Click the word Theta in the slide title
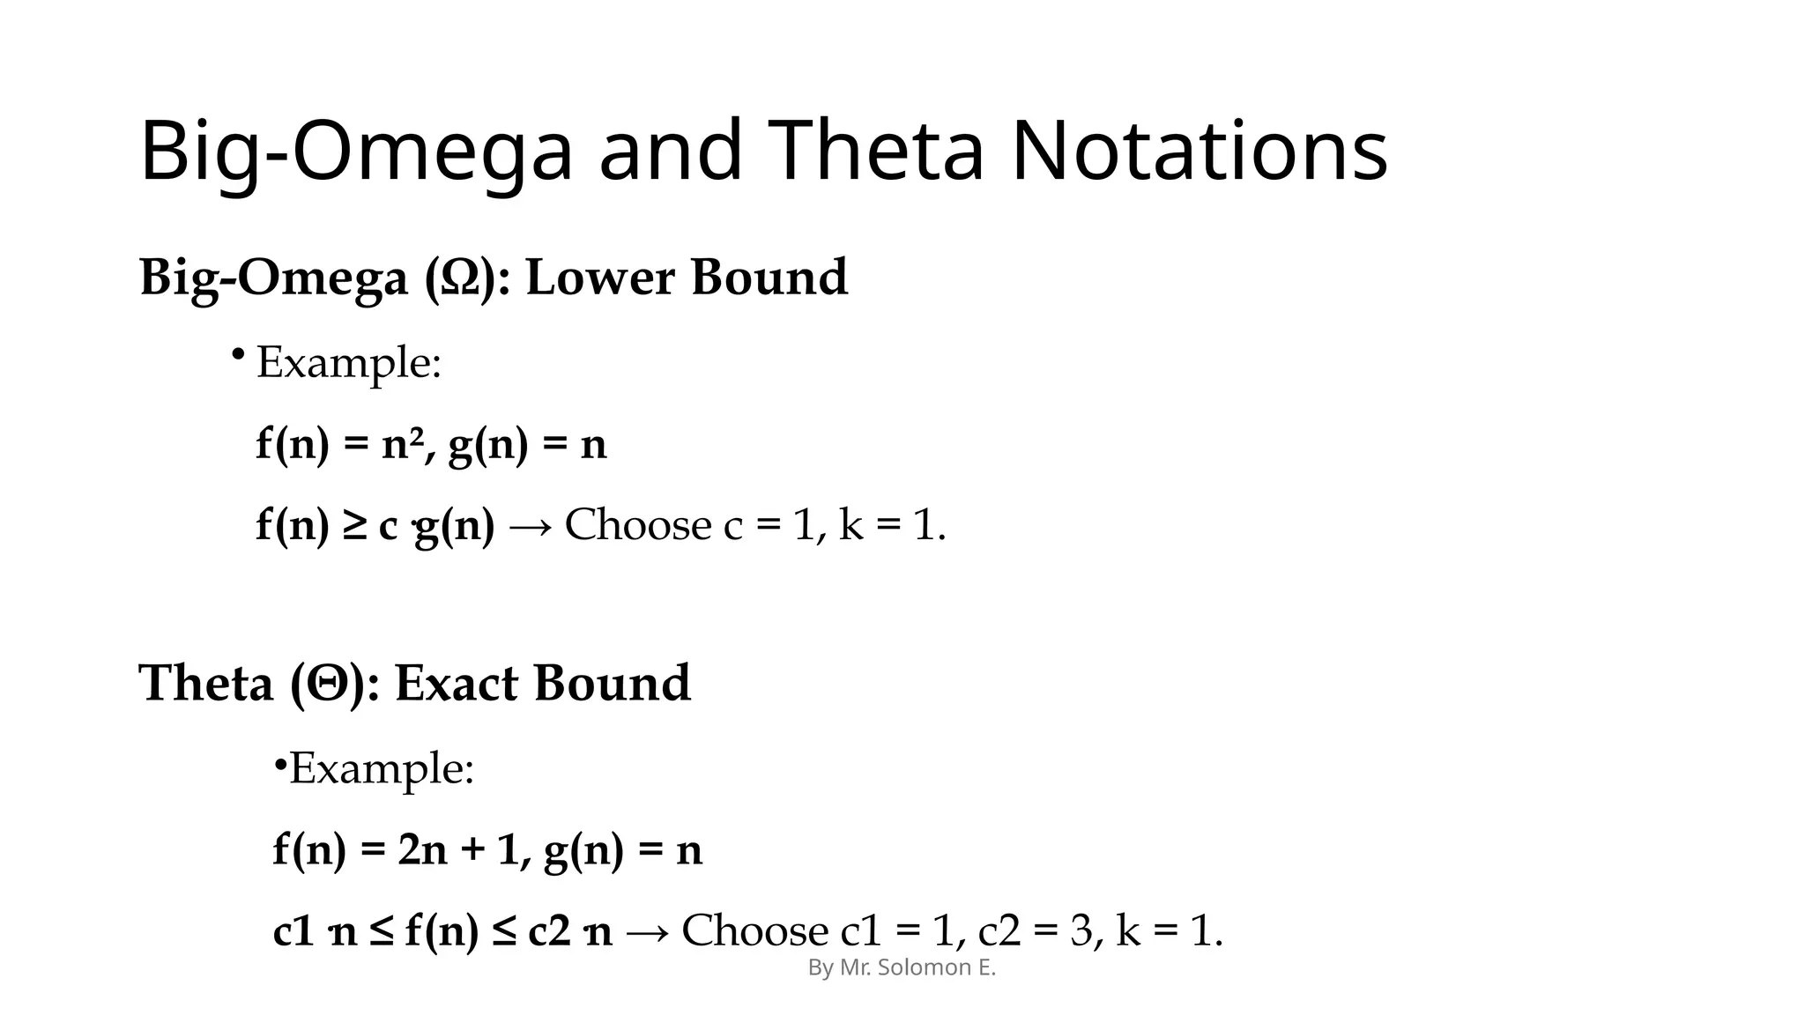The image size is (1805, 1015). coord(878,152)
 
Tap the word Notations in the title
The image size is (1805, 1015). coord(1199,152)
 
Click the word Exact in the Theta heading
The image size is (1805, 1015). coord(456,684)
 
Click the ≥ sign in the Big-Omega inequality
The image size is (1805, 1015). coord(353,526)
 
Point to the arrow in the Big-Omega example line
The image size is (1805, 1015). coord(530,527)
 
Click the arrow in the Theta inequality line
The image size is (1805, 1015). coord(647,932)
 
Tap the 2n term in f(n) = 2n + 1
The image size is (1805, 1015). coord(423,851)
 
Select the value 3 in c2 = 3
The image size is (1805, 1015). coord(1081,932)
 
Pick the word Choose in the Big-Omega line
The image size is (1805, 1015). coord(639,526)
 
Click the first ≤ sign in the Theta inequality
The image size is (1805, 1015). coord(381,932)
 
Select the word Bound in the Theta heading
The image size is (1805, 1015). coord(612,684)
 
